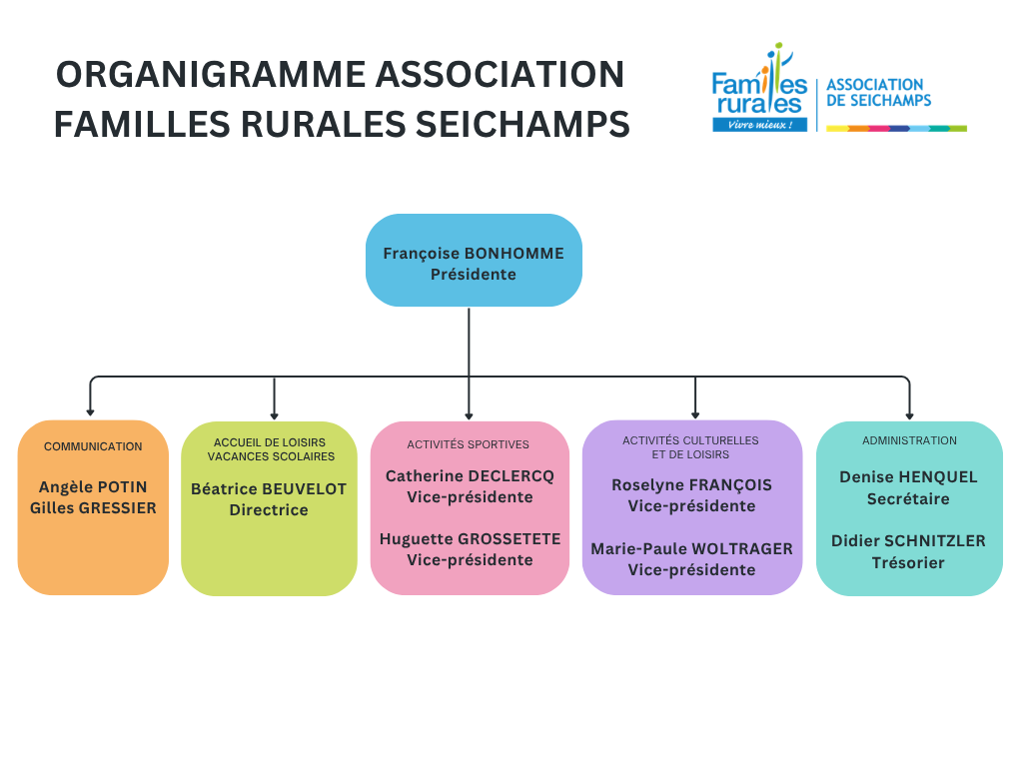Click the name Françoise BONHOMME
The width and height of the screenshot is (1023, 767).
tap(473, 254)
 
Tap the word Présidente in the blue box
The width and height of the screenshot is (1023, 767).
tap(473, 275)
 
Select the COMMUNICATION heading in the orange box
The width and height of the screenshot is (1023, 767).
tap(93, 446)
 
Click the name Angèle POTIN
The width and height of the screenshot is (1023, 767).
tap(93, 487)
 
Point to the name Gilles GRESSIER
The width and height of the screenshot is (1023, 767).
tap(93, 508)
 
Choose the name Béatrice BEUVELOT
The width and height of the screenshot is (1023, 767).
tap(269, 489)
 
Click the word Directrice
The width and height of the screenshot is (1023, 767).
tap(269, 510)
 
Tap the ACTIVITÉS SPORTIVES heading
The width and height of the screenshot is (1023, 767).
tap(468, 444)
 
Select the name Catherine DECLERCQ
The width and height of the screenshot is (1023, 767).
tap(470, 476)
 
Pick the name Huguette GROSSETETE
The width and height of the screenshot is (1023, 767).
tap(470, 539)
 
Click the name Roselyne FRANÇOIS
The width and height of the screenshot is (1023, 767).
tap(691, 486)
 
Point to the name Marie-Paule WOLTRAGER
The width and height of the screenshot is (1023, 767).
tap(691, 549)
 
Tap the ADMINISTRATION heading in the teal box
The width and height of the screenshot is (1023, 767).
tap(909, 440)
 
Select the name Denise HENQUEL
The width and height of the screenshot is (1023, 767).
tap(908, 477)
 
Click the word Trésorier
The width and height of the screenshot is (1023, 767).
tap(908, 563)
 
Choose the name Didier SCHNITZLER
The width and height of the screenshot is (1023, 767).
tap(908, 541)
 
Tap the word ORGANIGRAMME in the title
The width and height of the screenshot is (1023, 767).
tap(211, 74)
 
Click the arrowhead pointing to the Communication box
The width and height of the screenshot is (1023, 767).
tap(90, 412)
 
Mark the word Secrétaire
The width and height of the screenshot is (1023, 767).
tap(908, 499)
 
